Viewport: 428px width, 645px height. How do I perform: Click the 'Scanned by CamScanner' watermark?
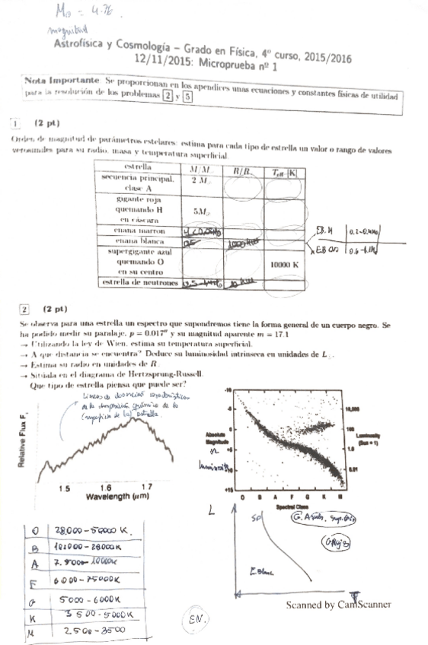338,605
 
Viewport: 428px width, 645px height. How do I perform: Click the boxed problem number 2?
24,310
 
